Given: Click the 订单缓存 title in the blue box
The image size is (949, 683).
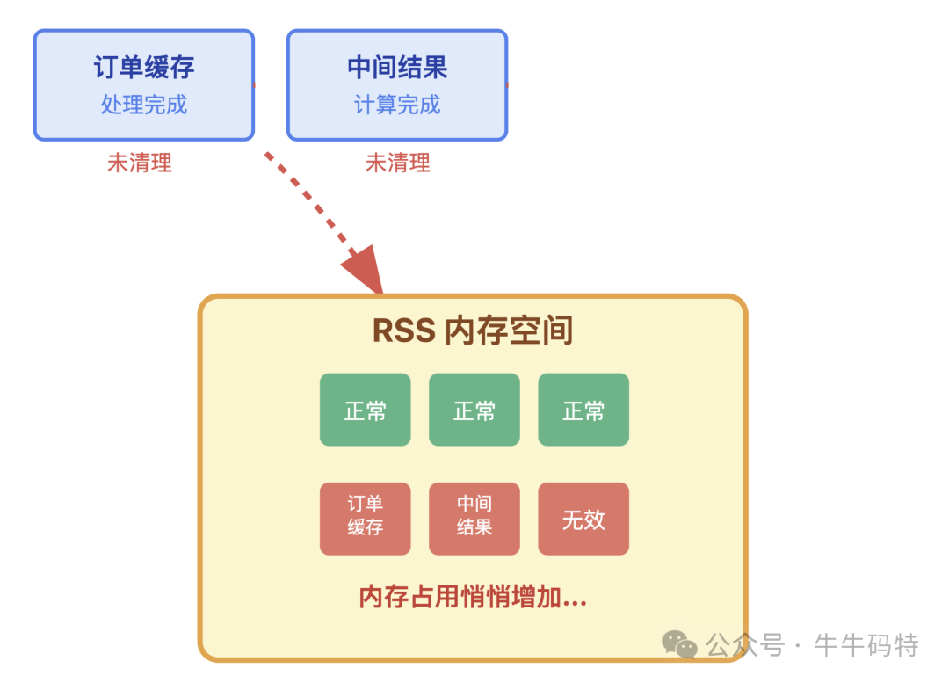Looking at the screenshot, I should [x=144, y=68].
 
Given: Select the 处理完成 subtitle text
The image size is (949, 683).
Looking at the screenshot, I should [x=144, y=105].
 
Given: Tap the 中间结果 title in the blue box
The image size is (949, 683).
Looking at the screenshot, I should [x=397, y=68].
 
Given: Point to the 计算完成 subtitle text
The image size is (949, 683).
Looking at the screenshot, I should [x=397, y=105].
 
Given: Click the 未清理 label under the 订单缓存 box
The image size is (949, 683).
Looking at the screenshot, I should [x=140, y=163].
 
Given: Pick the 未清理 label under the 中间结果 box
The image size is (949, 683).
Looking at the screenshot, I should [x=398, y=163].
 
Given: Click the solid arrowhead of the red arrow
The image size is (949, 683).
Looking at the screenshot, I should [x=366, y=272].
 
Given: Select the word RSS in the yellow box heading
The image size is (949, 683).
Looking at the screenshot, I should [x=403, y=331].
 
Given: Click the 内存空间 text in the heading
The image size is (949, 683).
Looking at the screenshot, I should [x=509, y=331].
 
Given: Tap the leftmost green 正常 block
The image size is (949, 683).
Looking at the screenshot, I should [x=365, y=410].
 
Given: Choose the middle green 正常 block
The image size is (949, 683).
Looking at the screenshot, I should [x=474, y=410].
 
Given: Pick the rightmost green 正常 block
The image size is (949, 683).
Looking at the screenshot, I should [x=583, y=410].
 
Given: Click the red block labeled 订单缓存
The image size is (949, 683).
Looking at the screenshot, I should [x=365, y=519].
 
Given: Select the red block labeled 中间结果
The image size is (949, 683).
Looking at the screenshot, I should [x=474, y=519].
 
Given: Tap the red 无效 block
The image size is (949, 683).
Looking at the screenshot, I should [x=583, y=519].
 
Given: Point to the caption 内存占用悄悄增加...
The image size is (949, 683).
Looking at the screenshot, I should [x=473, y=597].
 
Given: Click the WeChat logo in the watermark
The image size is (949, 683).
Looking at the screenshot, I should [x=679, y=644].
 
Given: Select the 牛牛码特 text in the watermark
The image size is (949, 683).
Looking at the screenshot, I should [x=866, y=645].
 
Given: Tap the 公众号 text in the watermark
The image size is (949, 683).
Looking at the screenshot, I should [x=745, y=645].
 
